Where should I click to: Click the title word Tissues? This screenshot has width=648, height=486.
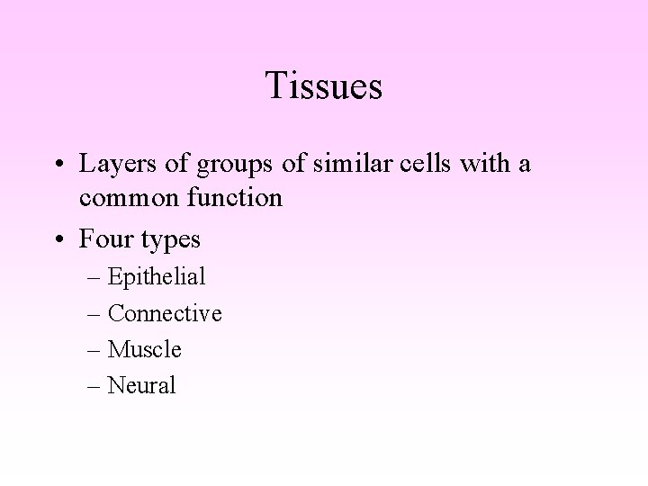click(x=324, y=86)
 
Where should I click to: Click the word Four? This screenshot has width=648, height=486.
click(x=103, y=240)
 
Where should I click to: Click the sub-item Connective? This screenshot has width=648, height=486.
click(x=165, y=313)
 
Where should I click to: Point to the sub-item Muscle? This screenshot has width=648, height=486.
click(x=145, y=349)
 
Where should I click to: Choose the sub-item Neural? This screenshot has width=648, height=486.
click(x=142, y=385)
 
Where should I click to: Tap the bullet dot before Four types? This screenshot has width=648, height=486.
click(x=59, y=240)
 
